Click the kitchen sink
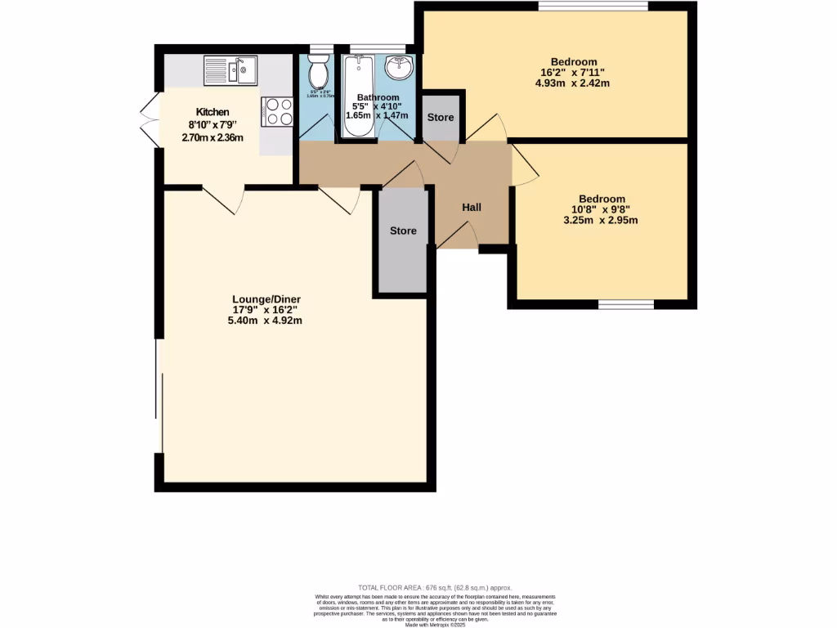tap(231, 70)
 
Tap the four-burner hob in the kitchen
tap(277, 111)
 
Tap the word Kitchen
tap(212, 112)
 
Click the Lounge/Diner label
tap(266, 299)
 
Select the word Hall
tap(472, 208)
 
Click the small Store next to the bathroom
tap(441, 118)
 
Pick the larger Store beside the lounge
tap(403, 231)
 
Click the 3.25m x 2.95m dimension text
tap(602, 220)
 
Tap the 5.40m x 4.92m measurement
tap(266, 321)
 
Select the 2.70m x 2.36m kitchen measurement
tap(212, 137)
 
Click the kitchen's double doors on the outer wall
tap(149, 120)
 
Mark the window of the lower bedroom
tap(626, 305)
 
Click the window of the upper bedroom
tap(593, 7)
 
